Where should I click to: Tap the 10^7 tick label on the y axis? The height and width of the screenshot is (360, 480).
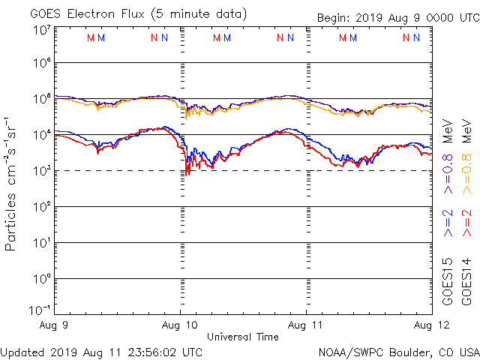[x=41, y=31]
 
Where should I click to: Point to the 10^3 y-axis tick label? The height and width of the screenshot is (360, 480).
[x=41, y=171]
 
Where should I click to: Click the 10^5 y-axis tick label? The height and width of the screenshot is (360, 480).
[x=41, y=99]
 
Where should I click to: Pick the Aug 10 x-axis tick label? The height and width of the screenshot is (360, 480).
[x=180, y=325]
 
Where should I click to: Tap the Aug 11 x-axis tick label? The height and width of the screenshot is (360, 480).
[x=307, y=325]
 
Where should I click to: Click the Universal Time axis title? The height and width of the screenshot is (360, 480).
[x=242, y=337]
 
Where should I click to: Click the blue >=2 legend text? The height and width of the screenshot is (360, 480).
[x=448, y=223]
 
